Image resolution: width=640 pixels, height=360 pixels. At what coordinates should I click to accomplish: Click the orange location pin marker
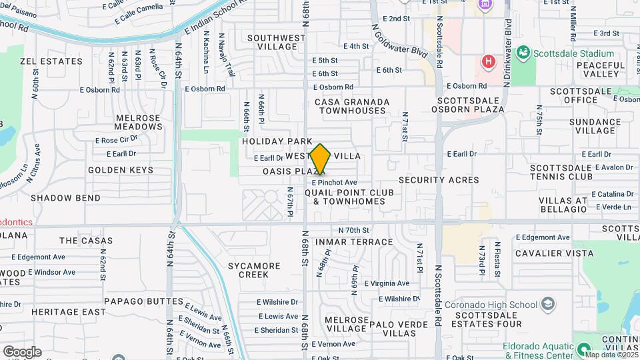pyautogui.click(x=320, y=159)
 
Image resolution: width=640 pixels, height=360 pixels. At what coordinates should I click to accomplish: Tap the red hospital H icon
pyautogui.click(x=489, y=62)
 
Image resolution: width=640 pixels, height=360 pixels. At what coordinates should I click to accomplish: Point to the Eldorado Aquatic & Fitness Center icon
pyautogui.click(x=584, y=349)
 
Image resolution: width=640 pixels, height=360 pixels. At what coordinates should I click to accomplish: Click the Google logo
pyautogui.click(x=22, y=352)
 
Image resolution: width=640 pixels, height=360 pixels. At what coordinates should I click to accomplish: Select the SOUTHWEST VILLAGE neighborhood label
pyautogui.click(x=272, y=42)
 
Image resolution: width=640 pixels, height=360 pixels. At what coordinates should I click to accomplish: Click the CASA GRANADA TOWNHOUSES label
pyautogui.click(x=353, y=106)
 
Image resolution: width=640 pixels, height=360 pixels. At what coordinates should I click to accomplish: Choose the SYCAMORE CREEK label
pyautogui.click(x=254, y=270)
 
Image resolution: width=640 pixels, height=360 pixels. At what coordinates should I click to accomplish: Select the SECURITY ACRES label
pyautogui.click(x=430, y=180)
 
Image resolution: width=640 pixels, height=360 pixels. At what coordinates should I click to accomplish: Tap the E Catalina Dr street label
pyautogui.click(x=611, y=194)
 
